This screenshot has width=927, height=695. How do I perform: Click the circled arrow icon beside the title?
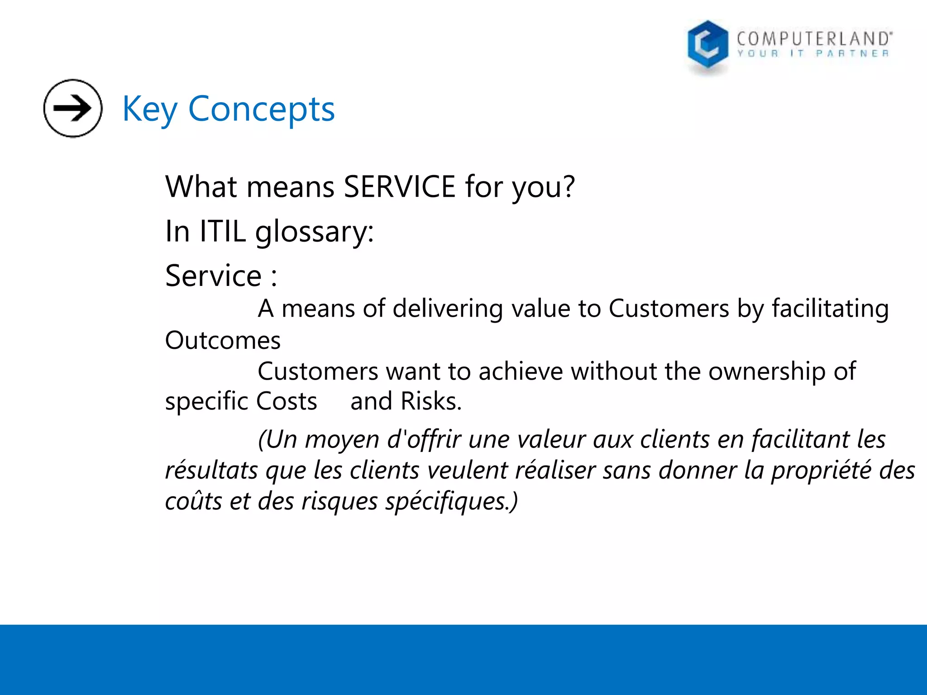73,108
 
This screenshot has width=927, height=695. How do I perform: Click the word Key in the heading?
149,109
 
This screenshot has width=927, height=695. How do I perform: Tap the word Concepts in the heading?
261,109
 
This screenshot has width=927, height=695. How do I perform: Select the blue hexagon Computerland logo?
707,45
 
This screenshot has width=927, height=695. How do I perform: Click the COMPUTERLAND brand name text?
814,38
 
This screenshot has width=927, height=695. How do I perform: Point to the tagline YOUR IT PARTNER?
813,54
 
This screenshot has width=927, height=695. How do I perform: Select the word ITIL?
223,231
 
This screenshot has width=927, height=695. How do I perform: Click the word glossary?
314,232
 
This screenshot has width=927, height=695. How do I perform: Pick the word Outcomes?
223,340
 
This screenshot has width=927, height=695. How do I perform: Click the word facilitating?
830,309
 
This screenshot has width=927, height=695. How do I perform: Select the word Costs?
287,401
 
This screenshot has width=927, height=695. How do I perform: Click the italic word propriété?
821,471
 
